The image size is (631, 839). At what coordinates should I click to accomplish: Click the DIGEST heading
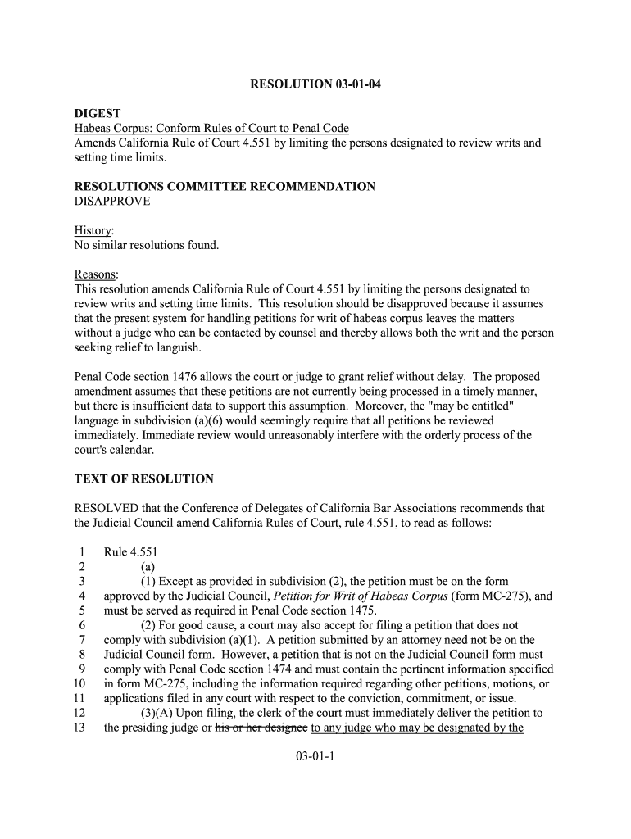click(98, 113)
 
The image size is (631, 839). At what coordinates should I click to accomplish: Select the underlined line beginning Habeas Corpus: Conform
click(211, 128)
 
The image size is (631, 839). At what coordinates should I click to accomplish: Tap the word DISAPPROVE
click(112, 201)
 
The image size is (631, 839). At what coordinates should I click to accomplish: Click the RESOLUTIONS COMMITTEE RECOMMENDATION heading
click(225, 186)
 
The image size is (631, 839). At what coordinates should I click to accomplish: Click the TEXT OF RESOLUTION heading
click(144, 478)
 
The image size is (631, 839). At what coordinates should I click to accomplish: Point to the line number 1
click(82, 551)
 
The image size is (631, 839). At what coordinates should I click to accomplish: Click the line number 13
click(79, 728)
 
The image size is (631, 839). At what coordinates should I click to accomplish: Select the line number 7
click(82, 640)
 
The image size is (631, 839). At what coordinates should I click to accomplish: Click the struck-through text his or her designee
click(261, 728)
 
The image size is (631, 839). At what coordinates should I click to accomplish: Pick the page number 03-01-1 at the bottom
click(315, 757)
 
